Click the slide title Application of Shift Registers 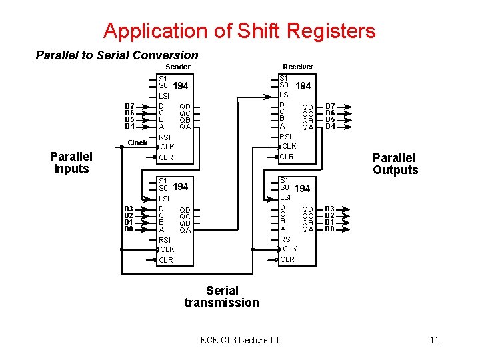click(x=239, y=31)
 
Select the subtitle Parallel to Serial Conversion click(x=117, y=55)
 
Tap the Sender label click(x=178, y=67)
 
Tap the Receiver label click(x=297, y=67)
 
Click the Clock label click(x=137, y=143)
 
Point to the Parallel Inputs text click(x=71, y=163)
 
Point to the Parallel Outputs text click(x=395, y=164)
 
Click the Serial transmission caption click(x=222, y=297)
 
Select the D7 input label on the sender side click(x=130, y=107)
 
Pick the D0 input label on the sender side click(x=129, y=229)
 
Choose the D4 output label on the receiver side click(x=330, y=127)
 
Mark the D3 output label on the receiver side click(x=329, y=209)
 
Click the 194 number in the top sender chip click(x=180, y=87)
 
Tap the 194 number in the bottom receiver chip click(x=302, y=189)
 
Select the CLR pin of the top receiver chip click(x=286, y=157)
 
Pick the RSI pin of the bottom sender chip click(x=165, y=240)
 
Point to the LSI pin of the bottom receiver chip click(x=285, y=197)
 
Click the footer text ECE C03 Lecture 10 click(x=239, y=341)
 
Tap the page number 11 click(x=434, y=341)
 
